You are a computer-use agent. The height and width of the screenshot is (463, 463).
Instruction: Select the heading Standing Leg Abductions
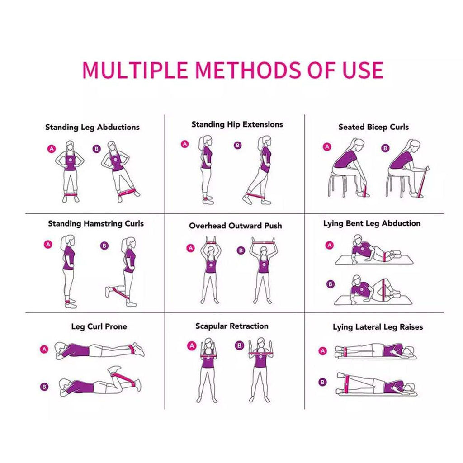point(92,127)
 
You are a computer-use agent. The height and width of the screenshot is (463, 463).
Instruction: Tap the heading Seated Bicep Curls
point(373,127)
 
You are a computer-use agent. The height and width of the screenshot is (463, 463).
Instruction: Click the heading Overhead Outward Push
point(235,225)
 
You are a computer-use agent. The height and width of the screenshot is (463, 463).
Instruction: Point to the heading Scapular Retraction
point(231,326)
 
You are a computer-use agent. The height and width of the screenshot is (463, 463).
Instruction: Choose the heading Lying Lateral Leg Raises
point(378,327)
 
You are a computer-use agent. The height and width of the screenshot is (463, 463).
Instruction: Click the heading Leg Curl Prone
point(99,326)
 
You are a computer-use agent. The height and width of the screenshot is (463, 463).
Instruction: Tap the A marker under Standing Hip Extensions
point(184,144)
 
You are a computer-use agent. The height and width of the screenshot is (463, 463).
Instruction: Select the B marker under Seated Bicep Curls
point(385,148)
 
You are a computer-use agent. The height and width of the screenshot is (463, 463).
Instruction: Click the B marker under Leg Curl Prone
point(44,386)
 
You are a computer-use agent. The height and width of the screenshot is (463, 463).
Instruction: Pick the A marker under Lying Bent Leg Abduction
point(330,245)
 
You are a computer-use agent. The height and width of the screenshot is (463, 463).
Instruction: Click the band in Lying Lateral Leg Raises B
point(347,383)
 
